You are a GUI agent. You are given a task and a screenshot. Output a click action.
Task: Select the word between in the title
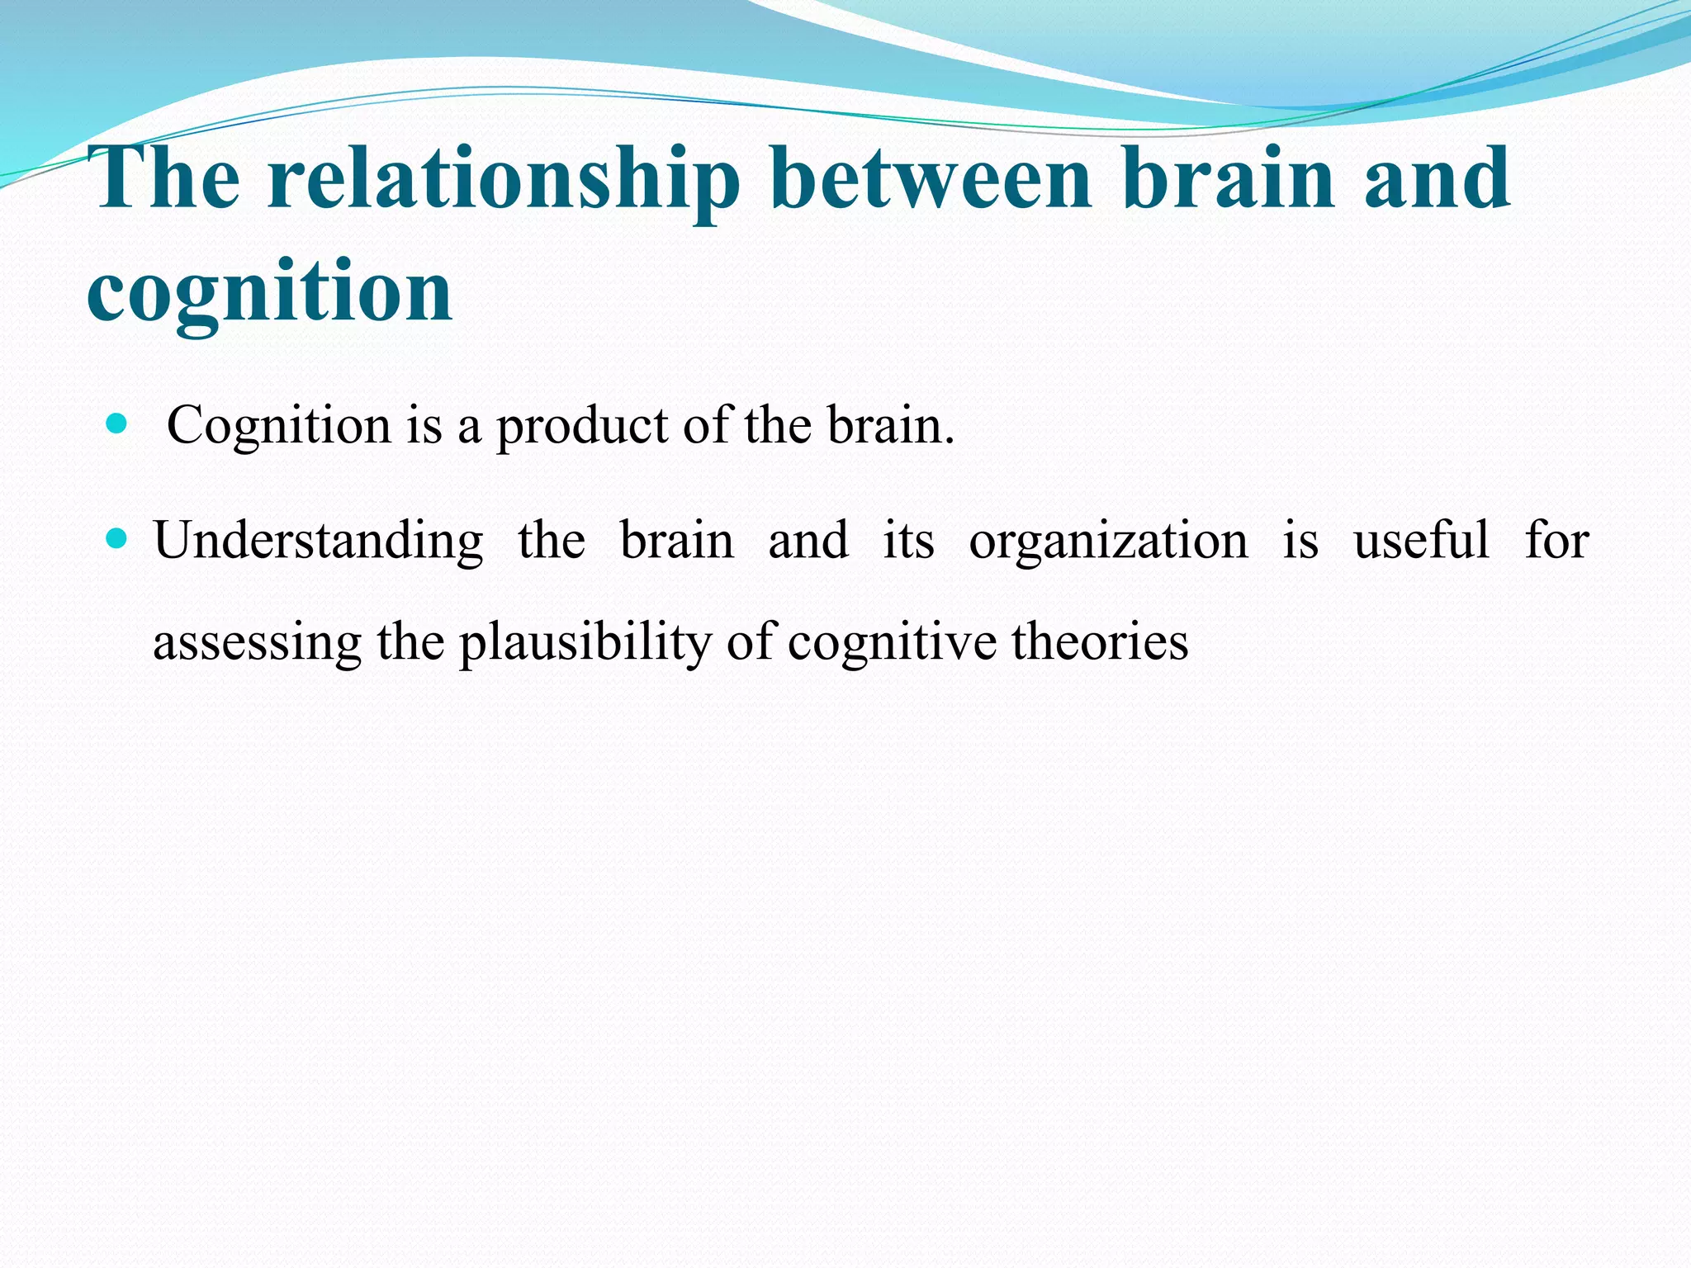click(930, 179)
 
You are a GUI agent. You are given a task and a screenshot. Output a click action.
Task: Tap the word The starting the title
click(168, 179)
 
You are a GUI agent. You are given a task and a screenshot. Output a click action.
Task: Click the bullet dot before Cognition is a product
click(117, 425)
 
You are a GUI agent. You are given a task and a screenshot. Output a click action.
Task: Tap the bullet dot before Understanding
click(117, 540)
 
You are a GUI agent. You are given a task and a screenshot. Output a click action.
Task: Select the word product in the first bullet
click(582, 427)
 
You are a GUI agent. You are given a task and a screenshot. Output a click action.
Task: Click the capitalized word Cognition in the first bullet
click(279, 427)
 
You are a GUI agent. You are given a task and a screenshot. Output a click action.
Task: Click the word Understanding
click(319, 542)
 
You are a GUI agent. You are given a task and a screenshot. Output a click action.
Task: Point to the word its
click(908, 542)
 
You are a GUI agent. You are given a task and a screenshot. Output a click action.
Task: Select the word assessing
click(258, 643)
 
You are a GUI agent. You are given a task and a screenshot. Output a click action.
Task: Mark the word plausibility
click(585, 643)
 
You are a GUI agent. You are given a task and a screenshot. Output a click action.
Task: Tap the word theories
click(1100, 641)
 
